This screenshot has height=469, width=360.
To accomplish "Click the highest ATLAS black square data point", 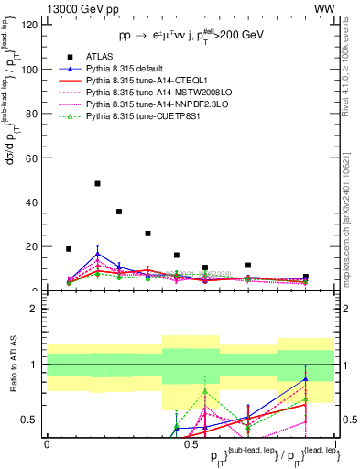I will [x=97, y=183].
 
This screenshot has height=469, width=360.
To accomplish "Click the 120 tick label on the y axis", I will [x=27, y=25].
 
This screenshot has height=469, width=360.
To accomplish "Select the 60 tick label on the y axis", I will [x=30, y=158].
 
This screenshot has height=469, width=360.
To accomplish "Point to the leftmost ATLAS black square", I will [x=69, y=248].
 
